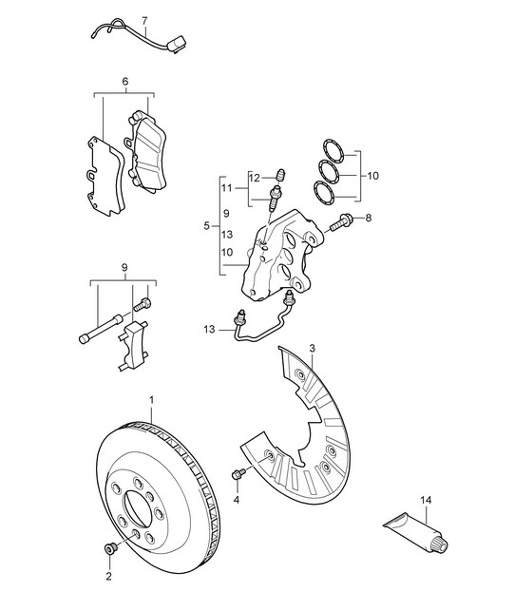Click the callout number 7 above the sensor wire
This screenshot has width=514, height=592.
click(145, 20)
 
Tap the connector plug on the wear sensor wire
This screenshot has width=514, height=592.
click(177, 44)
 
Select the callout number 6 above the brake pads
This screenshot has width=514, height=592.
click(125, 81)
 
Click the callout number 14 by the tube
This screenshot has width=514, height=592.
click(426, 500)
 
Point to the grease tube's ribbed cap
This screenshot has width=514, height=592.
click(440, 544)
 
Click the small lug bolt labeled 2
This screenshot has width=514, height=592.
click(110, 548)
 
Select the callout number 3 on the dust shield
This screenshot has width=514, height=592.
click(312, 348)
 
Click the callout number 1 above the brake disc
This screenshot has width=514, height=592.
click(152, 400)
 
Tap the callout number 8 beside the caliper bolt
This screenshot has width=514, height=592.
click(369, 218)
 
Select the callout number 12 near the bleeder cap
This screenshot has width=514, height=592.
click(255, 178)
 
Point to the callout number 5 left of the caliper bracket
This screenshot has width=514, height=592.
click(206, 226)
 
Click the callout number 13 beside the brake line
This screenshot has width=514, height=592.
click(209, 329)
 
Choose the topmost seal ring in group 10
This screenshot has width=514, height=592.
click(333, 151)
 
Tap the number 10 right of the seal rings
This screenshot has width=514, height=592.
click(372, 176)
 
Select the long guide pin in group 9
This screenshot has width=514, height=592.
click(101, 329)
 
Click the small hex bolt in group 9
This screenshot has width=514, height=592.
click(143, 304)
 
